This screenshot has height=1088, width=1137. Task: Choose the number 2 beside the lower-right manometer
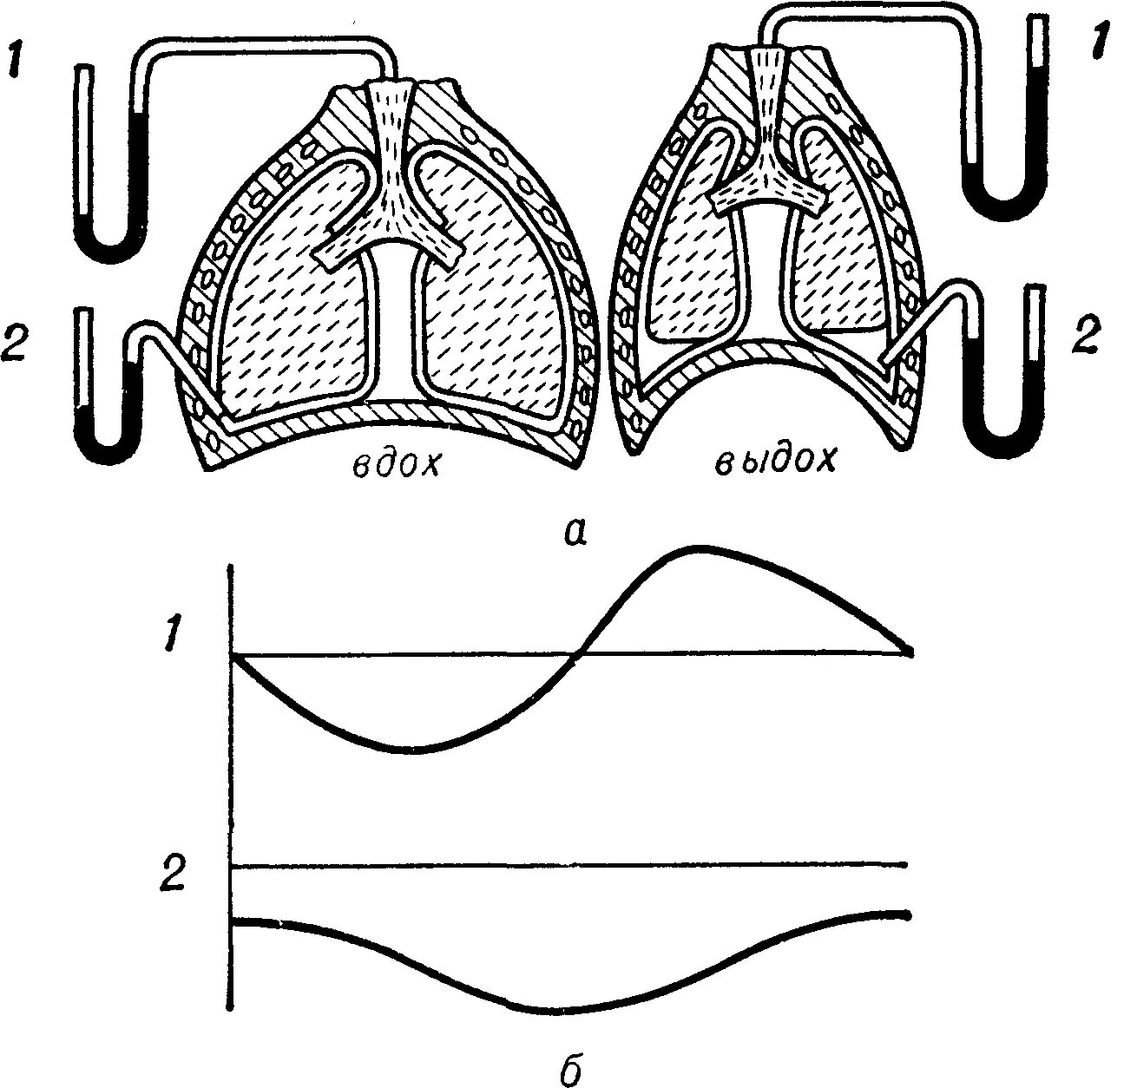[1086, 335]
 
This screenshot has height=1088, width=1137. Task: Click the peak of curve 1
[694, 548]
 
